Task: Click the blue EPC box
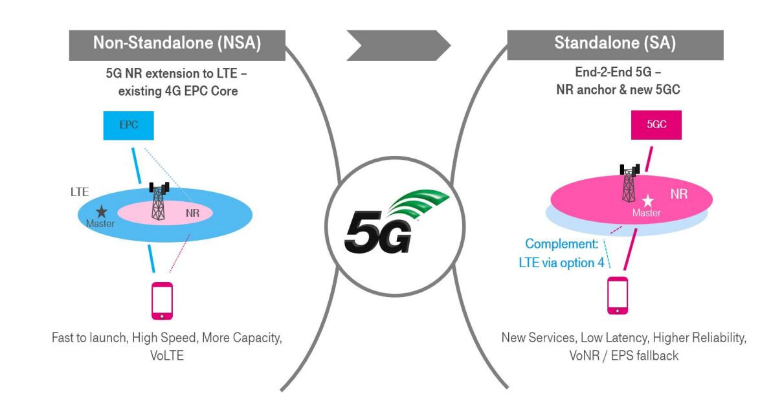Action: (x=128, y=126)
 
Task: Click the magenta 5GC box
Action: (x=656, y=125)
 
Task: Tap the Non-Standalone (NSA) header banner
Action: (x=177, y=45)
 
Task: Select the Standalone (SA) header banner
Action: (x=615, y=45)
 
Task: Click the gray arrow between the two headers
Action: (x=399, y=45)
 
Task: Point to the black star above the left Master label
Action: (x=102, y=212)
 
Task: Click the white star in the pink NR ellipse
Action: (x=648, y=201)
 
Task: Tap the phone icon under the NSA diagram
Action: (x=162, y=301)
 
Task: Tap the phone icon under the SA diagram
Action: (x=618, y=296)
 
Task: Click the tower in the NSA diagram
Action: (x=159, y=201)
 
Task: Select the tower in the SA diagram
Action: (x=629, y=183)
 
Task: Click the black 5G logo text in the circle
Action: (x=378, y=232)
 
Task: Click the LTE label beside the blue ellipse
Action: (x=80, y=192)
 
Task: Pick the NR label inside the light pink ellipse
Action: (x=192, y=213)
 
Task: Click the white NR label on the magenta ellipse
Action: (x=678, y=194)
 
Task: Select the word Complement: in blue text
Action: (x=562, y=244)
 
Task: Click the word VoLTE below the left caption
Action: (x=167, y=356)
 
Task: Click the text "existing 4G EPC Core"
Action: (x=178, y=91)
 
